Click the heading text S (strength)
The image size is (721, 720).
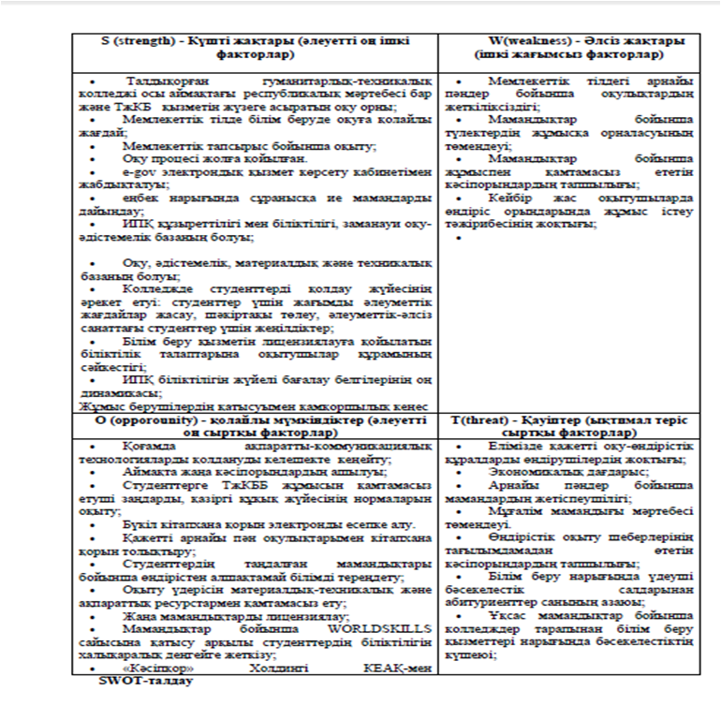click(x=141, y=42)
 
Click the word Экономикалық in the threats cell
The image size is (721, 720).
click(x=526, y=474)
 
